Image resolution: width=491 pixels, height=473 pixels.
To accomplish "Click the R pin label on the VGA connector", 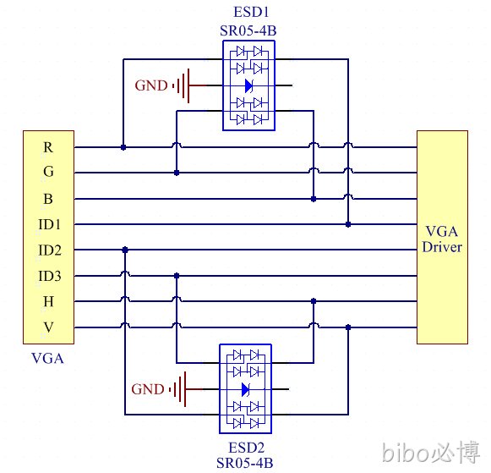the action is tap(48, 147).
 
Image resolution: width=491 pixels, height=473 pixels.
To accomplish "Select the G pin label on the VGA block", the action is tap(48, 172).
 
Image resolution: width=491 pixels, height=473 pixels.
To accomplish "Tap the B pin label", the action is tap(48, 199).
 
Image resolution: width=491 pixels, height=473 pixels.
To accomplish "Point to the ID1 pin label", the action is tap(49, 224).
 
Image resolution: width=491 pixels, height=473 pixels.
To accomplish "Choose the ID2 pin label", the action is tap(50, 250).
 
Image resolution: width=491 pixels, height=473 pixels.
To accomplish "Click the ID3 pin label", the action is tap(50, 276).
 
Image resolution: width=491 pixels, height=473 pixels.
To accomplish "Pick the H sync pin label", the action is tap(48, 301).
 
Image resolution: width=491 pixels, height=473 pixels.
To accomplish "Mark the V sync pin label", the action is tap(48, 327).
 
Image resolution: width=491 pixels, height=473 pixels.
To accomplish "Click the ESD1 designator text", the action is tap(251, 12).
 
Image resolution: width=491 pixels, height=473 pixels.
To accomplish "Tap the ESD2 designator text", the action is tap(247, 448).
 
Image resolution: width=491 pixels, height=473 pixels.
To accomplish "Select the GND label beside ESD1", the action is tap(151, 85).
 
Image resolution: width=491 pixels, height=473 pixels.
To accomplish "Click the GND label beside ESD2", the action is tap(148, 389).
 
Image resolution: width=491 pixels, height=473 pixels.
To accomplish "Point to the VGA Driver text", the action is tap(442, 239).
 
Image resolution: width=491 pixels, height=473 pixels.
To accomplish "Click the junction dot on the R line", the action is tap(123, 147).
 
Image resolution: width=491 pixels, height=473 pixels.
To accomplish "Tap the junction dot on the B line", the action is tap(314, 199).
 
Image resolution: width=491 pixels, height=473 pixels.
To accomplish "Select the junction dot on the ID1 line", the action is tap(348, 224).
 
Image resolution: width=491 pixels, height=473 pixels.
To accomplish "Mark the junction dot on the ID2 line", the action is tap(125, 250).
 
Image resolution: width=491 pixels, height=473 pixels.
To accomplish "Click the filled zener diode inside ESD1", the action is tap(248, 85).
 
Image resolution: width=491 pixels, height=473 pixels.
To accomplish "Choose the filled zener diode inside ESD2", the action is tap(245, 389).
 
